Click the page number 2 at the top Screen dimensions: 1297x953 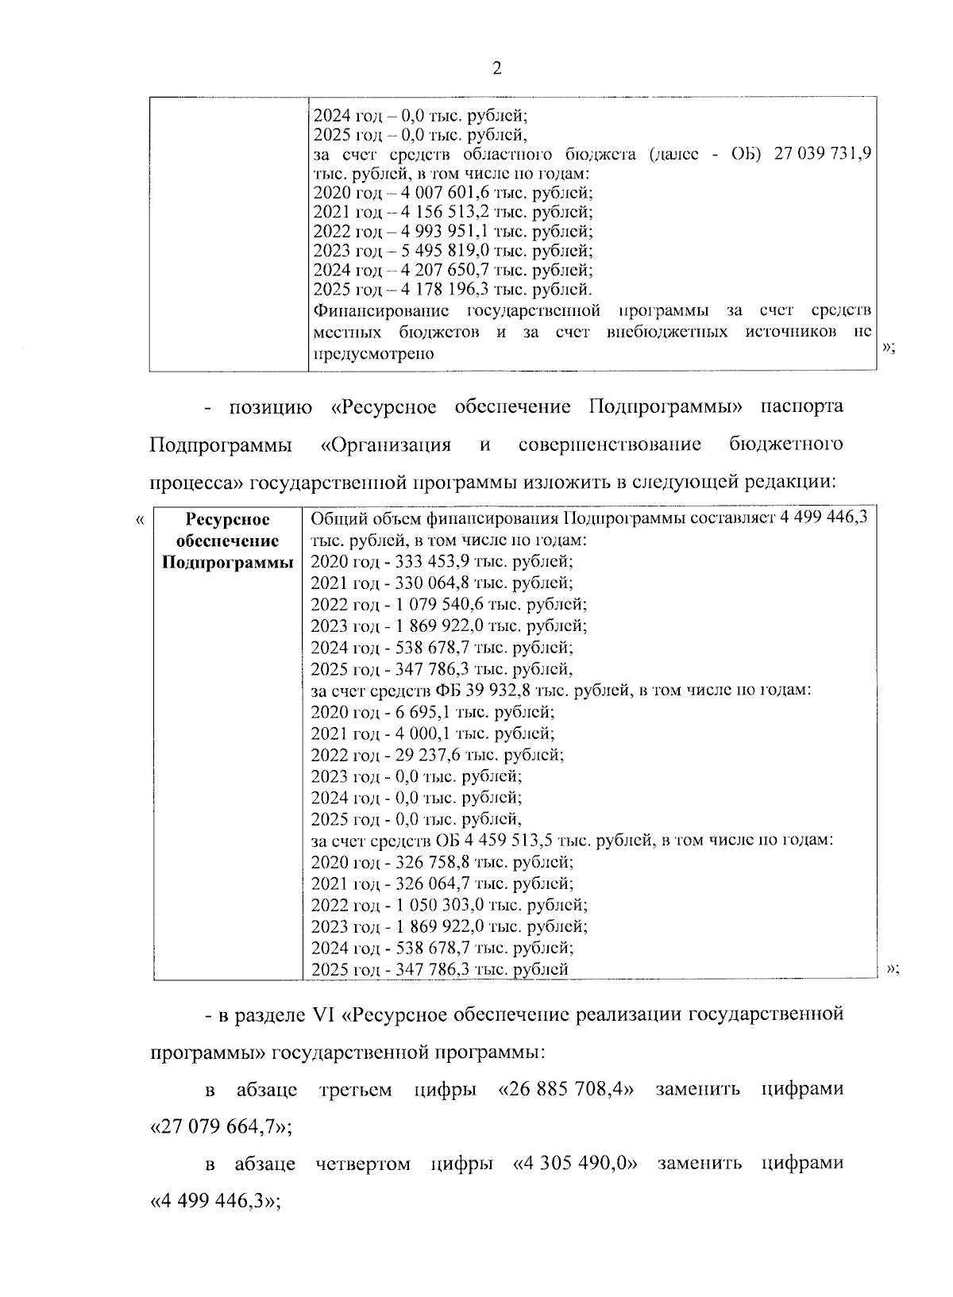[x=497, y=68]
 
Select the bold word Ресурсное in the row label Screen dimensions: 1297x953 [x=227, y=520]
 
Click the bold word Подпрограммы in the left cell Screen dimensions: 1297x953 [x=227, y=563]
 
